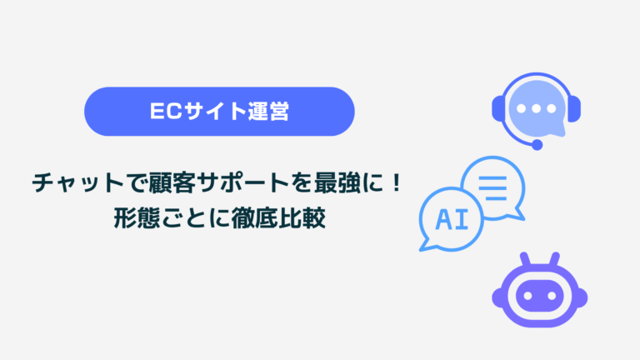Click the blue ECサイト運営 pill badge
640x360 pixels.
219,112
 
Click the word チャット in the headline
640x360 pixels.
78,182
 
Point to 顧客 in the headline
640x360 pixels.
172,182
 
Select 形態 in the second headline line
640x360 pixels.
137,218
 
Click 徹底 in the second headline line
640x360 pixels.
255,218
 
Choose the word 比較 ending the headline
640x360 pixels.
302,218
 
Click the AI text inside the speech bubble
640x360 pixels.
452,220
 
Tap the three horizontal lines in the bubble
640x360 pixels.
492,188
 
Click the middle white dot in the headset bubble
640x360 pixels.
537,108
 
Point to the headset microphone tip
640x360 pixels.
537,144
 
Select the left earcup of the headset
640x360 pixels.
497,108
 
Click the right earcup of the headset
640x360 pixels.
575,108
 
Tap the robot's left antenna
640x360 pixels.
525,260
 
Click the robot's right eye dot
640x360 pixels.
552,296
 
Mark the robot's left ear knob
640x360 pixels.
497,297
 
